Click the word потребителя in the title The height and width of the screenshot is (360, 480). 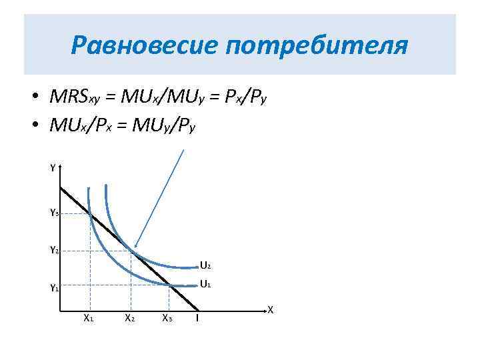(316, 47)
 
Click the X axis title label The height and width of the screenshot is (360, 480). (270, 309)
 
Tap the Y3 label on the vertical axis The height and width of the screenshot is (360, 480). (54, 213)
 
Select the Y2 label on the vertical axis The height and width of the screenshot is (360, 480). (54, 251)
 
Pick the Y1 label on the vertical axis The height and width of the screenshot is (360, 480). (54, 289)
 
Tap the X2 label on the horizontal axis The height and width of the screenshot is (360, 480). (130, 318)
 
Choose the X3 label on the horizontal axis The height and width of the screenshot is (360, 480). (167, 318)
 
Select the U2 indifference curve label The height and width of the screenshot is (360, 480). (205, 267)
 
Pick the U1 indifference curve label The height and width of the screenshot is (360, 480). (205, 284)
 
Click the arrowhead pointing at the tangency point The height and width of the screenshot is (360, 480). (135, 246)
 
